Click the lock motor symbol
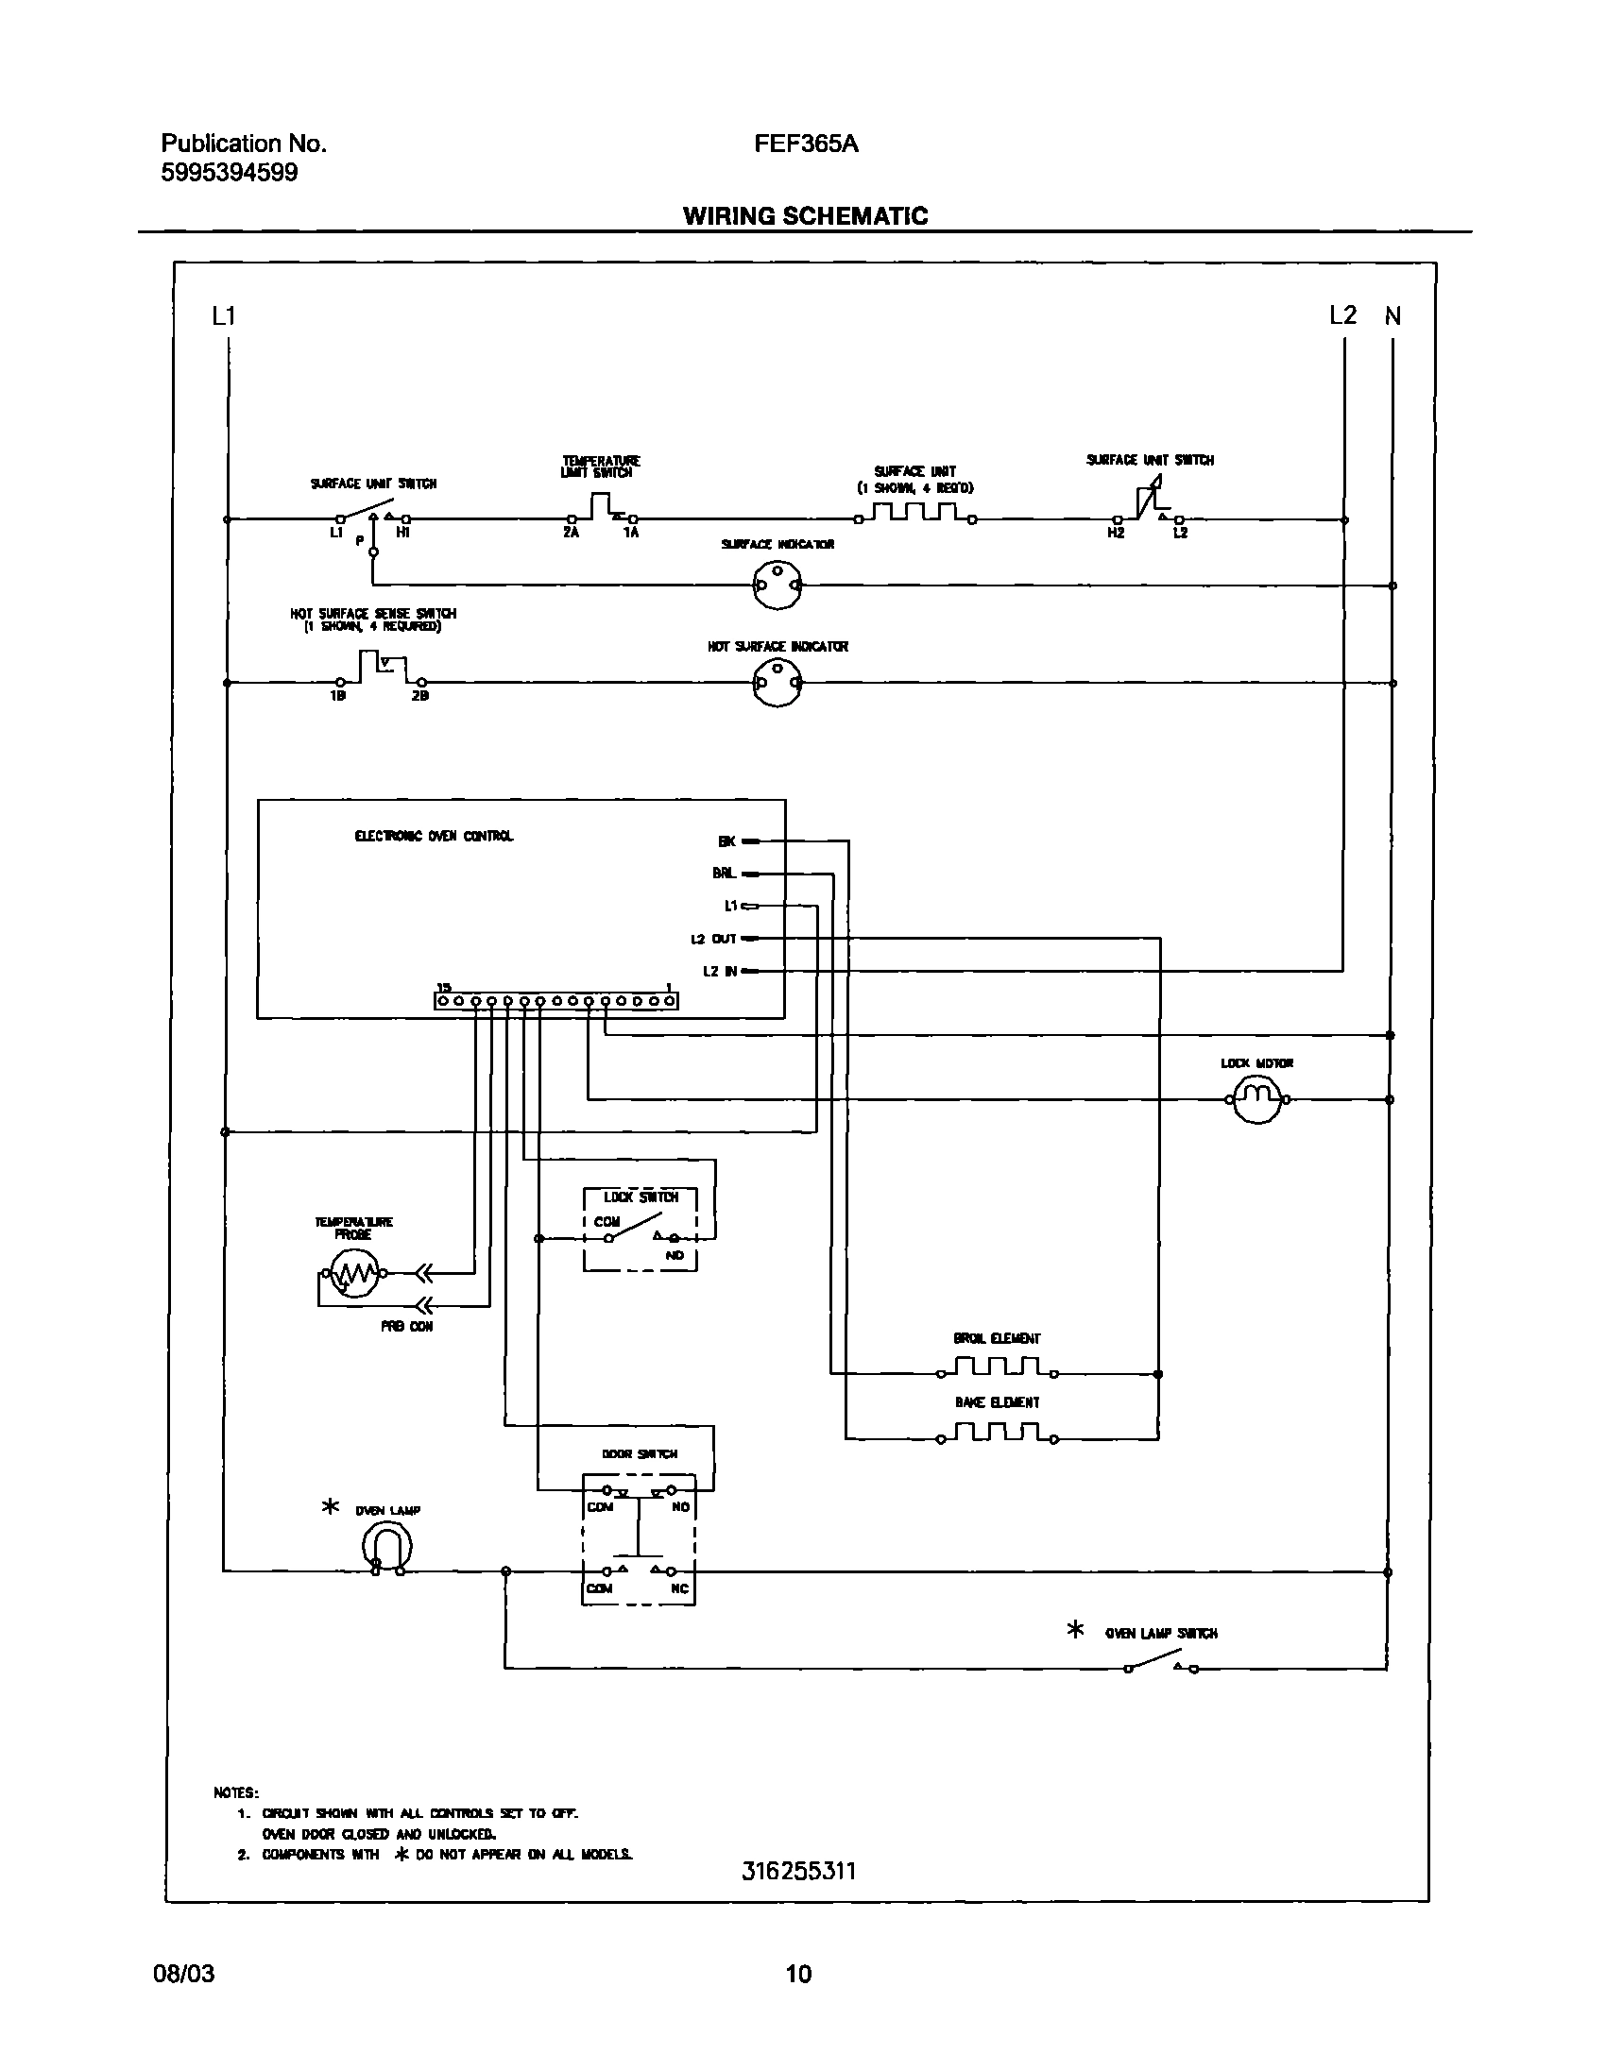pyautogui.click(x=1257, y=1100)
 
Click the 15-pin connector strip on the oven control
pyautogui.click(x=555, y=1000)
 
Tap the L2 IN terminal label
pyautogui.click(x=719, y=971)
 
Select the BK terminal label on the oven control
pyautogui.click(x=726, y=840)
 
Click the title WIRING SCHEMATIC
pyautogui.click(x=805, y=215)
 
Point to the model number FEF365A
pyautogui.click(x=806, y=144)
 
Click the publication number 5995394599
pyautogui.click(x=229, y=173)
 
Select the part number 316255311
pyautogui.click(x=799, y=1871)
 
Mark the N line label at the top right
pyautogui.click(x=1392, y=316)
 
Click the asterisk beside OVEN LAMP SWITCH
pyautogui.click(x=1075, y=1630)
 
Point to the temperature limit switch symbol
pyautogui.click(x=602, y=509)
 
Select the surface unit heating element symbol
pyautogui.click(x=915, y=513)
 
